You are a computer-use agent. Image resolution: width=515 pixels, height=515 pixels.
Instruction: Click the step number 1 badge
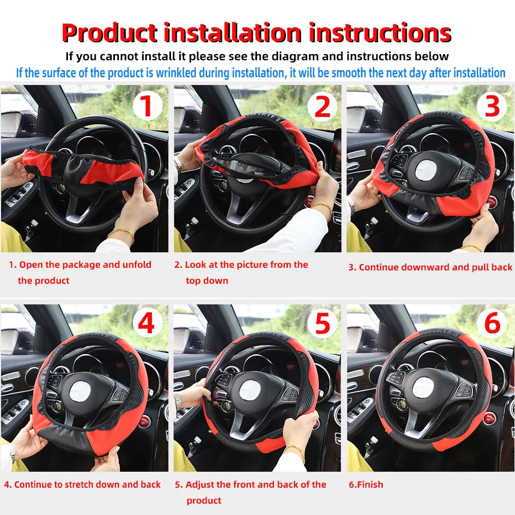(147, 106)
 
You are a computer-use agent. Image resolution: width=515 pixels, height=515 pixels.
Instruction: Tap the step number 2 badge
(322, 106)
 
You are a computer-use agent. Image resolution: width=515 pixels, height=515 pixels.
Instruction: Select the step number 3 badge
(492, 106)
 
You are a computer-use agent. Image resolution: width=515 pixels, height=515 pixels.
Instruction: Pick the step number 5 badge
(322, 324)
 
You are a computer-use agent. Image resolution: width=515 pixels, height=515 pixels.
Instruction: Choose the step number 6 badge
(492, 324)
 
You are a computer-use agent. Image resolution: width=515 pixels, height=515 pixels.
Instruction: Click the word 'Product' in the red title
(109, 33)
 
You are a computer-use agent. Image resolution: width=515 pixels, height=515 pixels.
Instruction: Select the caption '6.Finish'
(366, 485)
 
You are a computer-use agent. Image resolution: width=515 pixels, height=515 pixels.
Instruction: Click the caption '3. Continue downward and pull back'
(431, 267)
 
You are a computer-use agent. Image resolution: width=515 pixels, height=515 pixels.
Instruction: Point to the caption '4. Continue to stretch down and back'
(82, 485)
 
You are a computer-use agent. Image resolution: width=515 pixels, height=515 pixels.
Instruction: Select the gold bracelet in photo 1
(121, 233)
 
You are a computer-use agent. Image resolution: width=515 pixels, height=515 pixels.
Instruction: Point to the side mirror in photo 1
(11, 124)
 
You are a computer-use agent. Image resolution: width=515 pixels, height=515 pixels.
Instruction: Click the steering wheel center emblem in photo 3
(426, 168)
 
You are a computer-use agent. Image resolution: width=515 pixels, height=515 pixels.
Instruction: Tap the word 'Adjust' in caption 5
(200, 485)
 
